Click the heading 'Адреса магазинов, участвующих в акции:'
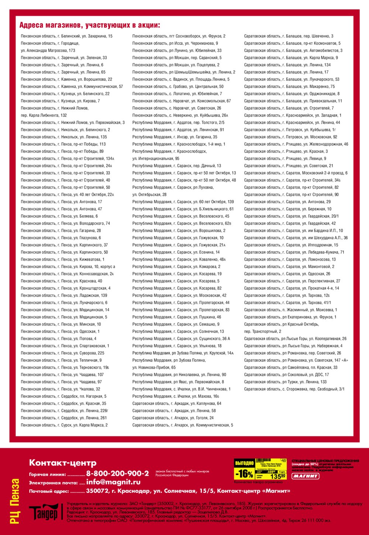90,25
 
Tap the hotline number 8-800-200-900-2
117,473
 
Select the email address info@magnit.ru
113,482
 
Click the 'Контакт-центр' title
63,463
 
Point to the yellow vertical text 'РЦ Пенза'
15,501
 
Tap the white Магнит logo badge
306,476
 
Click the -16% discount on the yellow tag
244,473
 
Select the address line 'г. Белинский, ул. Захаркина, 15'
67,36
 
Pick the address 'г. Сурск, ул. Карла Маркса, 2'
64,425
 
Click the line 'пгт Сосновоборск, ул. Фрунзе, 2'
179,36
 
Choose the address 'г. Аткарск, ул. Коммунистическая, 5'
183,425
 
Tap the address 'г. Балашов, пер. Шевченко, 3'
289,36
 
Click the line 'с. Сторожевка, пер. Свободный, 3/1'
294,389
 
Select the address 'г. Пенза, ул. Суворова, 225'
63,353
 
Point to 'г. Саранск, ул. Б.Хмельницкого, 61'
183,209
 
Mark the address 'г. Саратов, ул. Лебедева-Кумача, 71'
294,252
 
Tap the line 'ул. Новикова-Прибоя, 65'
154,368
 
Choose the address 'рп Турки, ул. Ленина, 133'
285,382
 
